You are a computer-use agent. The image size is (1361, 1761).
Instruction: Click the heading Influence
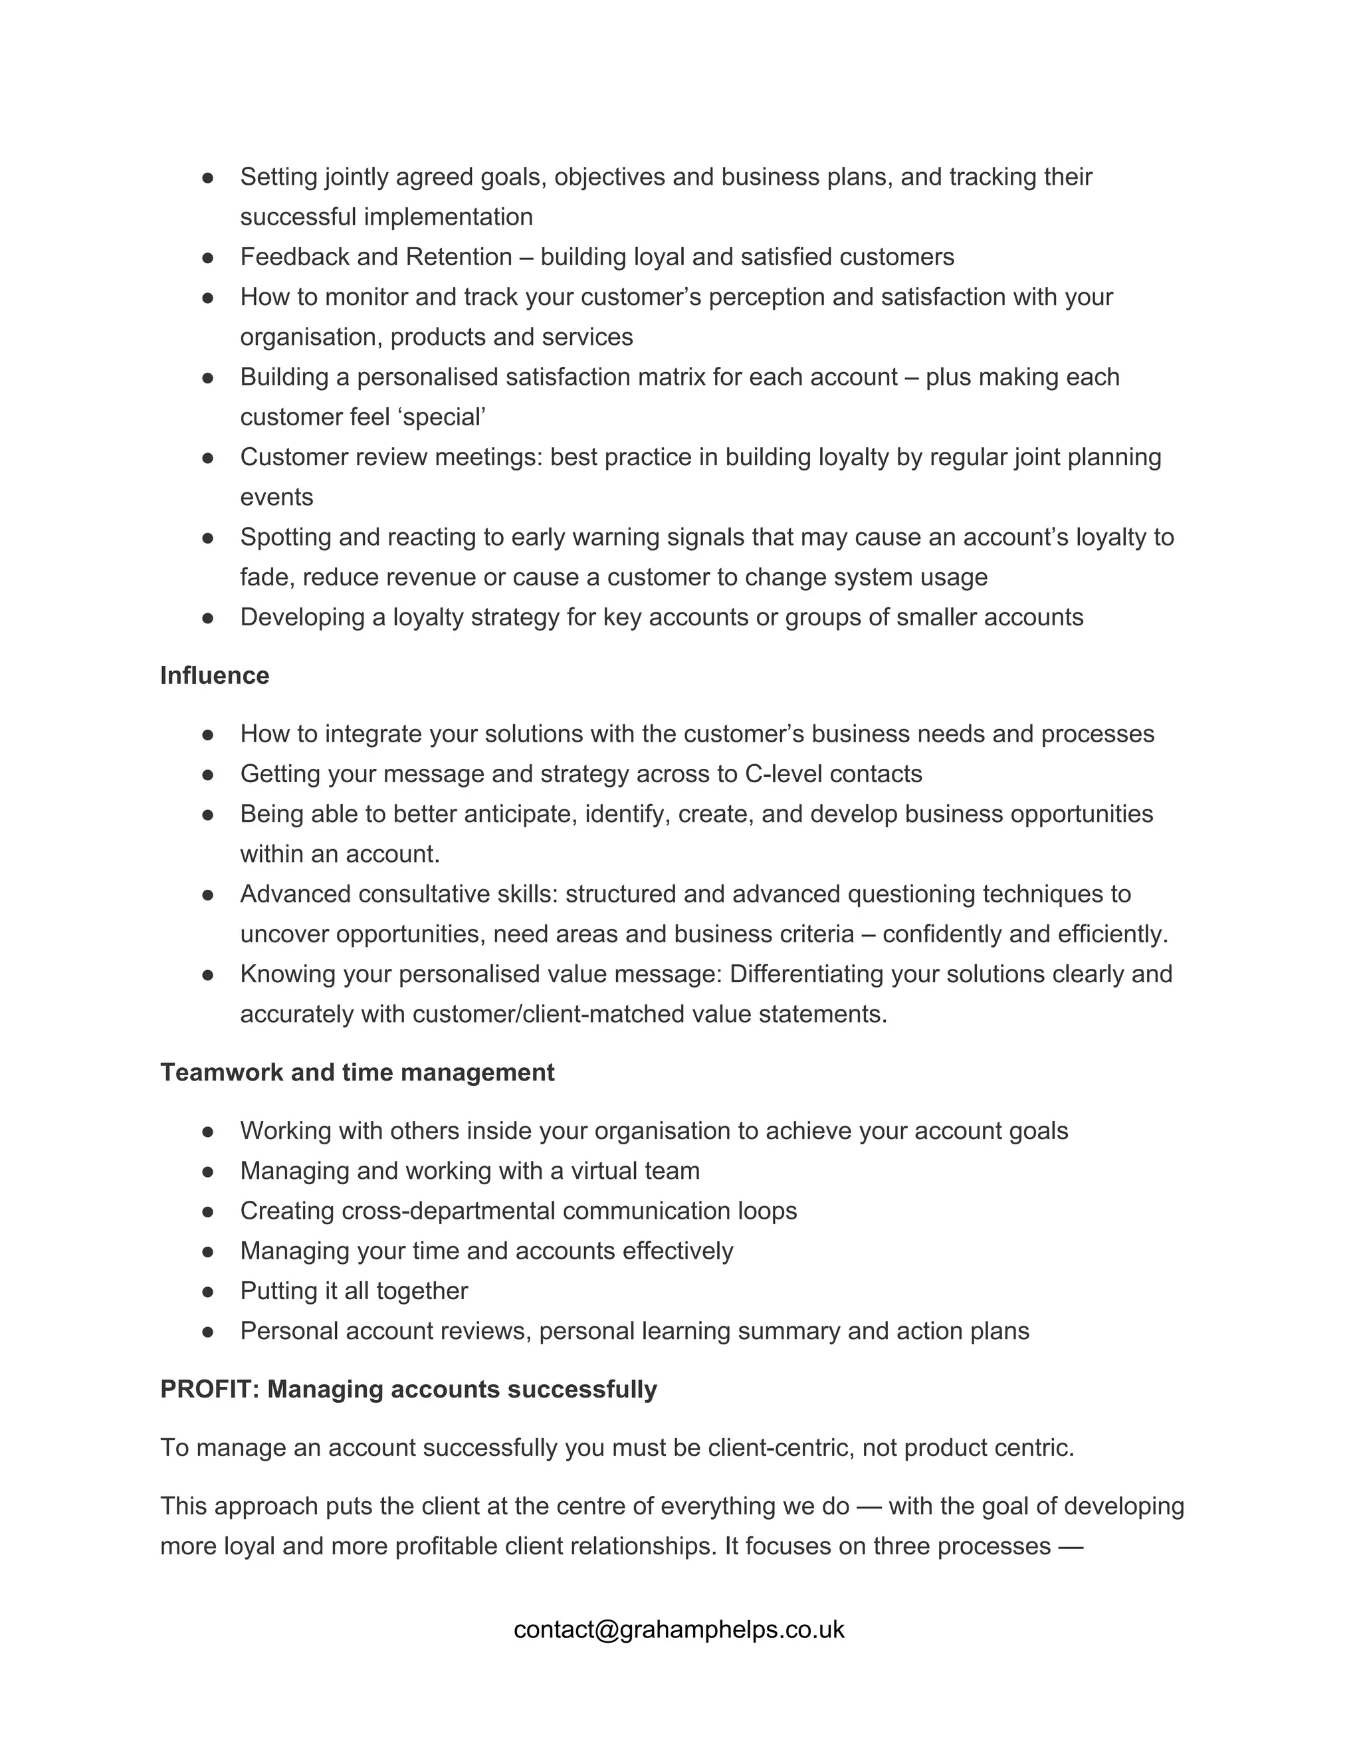(215, 675)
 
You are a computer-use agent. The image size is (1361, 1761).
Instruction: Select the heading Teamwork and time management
(357, 1072)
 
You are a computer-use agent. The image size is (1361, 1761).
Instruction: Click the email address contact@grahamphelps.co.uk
(679, 1629)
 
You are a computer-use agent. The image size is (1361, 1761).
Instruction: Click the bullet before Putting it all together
(208, 1291)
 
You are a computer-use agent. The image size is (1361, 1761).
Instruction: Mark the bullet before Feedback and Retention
(208, 257)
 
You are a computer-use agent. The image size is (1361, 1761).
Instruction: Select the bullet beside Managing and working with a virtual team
(208, 1171)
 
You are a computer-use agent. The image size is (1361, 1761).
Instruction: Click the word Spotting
(285, 537)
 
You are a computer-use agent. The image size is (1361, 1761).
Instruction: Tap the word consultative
(455, 893)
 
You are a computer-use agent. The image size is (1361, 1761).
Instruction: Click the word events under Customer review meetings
(276, 496)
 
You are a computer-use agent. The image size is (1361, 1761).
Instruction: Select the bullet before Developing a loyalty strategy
(208, 617)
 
